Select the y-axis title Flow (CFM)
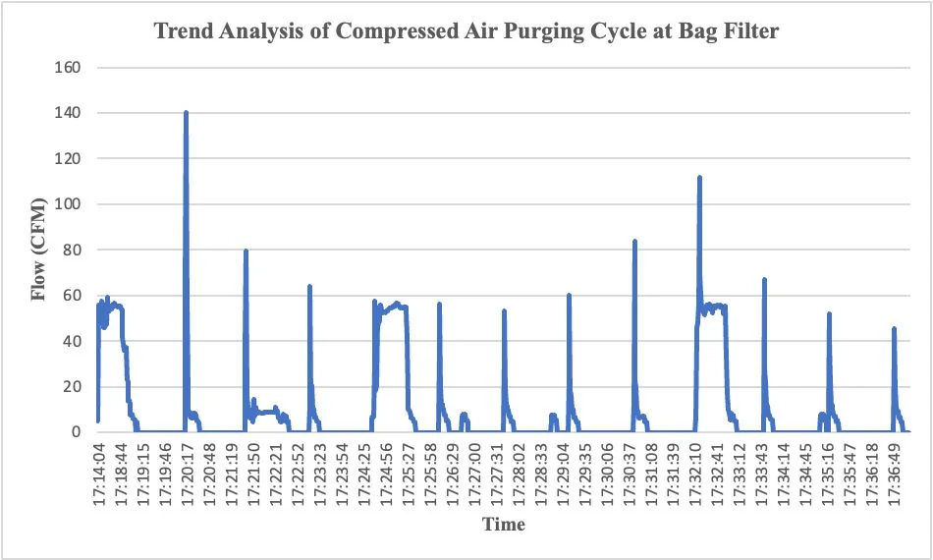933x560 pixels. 40,249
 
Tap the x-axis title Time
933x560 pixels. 503,524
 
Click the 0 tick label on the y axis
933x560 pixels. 75,432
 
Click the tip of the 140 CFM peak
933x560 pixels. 186,112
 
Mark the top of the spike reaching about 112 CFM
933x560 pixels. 699,177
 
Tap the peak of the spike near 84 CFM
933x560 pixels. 634,241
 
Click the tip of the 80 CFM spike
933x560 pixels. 246,251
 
